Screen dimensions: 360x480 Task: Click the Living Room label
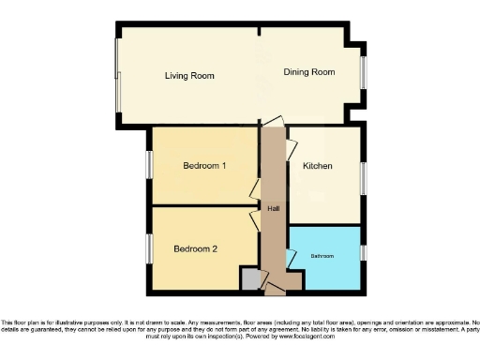(189, 76)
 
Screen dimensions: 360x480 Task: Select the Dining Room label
(309, 72)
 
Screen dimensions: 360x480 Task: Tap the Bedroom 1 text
(204, 166)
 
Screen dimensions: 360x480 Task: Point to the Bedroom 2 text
(196, 248)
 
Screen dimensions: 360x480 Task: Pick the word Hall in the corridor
(273, 208)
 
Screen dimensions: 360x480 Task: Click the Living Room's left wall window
(117, 80)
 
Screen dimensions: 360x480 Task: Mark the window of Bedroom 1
(149, 165)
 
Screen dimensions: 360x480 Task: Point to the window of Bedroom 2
(149, 248)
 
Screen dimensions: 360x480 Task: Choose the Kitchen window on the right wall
(364, 176)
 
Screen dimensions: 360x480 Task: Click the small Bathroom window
(364, 253)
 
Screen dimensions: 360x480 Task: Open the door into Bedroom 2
(254, 221)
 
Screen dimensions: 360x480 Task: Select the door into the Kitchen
(291, 146)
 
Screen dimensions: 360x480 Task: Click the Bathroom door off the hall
(291, 255)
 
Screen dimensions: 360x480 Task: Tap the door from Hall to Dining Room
(272, 123)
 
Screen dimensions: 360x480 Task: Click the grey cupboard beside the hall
(250, 279)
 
